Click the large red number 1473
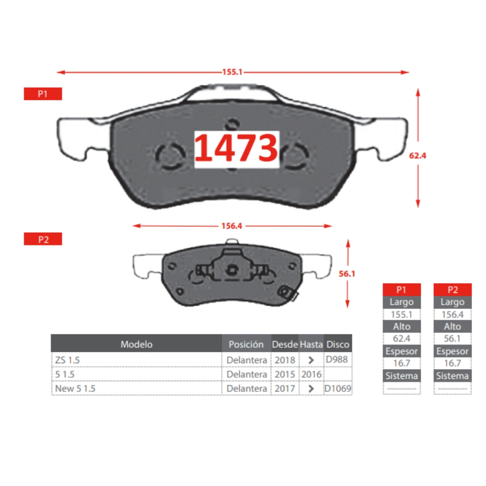click(x=236, y=148)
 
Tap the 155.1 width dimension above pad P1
click(x=232, y=72)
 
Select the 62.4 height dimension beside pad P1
click(x=418, y=156)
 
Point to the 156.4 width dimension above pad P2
click(x=232, y=226)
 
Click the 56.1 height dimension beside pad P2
click(x=347, y=274)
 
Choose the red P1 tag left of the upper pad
click(x=43, y=94)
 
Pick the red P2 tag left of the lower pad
click(x=43, y=239)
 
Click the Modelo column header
click(x=136, y=344)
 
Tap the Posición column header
click(x=246, y=344)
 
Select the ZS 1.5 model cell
click(x=67, y=360)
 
